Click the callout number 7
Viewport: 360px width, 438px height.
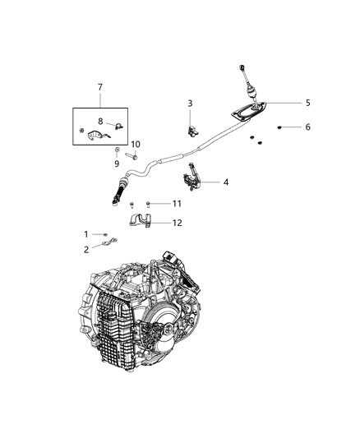(100, 86)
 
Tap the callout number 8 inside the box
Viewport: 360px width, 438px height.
(100, 121)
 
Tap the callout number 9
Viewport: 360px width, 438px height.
(116, 163)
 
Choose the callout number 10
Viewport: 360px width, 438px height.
(136, 145)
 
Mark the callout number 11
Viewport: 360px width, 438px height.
(177, 203)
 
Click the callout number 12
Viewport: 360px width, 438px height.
(178, 222)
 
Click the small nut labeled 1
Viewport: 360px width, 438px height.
(106, 234)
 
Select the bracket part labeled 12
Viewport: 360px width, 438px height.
(145, 221)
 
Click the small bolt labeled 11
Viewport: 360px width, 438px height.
(148, 203)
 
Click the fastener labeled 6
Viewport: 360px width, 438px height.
(282, 127)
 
